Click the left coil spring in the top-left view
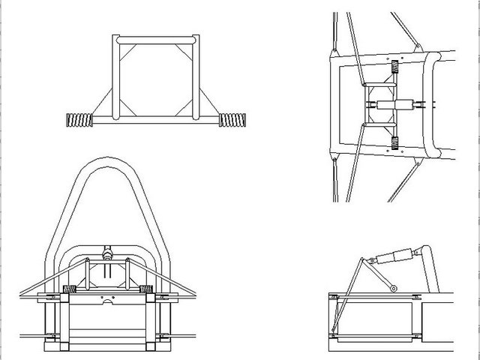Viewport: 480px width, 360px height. pos(79,118)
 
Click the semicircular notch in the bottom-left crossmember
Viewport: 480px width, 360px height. pos(112,303)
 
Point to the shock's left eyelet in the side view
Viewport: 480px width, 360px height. pos(367,261)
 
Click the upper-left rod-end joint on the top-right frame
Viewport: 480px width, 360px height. pos(334,52)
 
